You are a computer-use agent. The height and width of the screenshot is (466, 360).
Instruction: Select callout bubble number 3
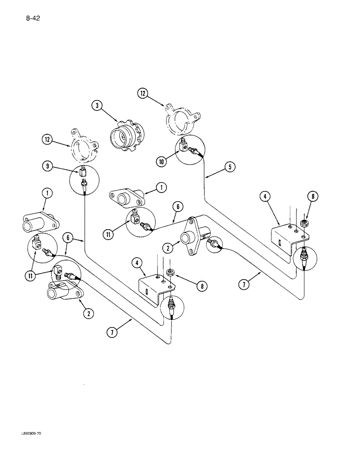97,106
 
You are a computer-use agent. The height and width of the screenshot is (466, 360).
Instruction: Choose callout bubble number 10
161,161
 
